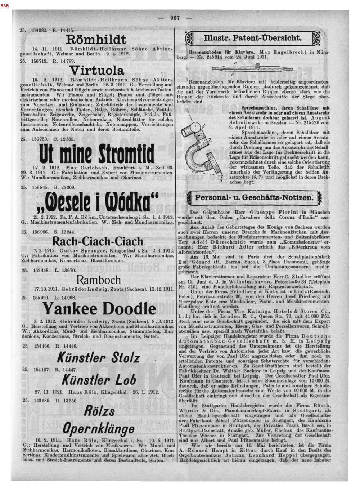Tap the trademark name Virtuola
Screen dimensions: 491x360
tap(98, 70)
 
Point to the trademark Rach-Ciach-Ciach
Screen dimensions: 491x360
tap(98, 241)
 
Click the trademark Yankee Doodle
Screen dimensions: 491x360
tap(99, 308)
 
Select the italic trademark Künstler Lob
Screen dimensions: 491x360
tap(99, 380)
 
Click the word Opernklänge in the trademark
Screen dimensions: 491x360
tap(99, 429)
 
